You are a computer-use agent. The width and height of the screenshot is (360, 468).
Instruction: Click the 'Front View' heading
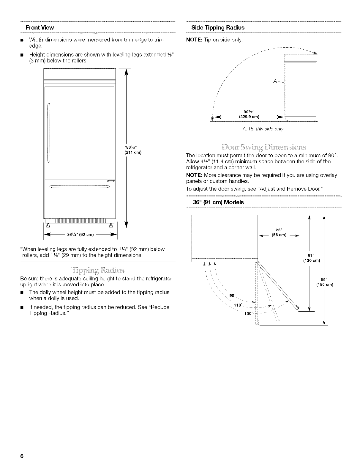pos(40,28)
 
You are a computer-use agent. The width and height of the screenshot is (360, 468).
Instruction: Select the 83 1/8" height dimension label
pos(133,150)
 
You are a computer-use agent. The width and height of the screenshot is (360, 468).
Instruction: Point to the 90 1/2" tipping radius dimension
pos(249,114)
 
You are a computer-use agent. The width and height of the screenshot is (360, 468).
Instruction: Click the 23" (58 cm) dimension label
pos(279,232)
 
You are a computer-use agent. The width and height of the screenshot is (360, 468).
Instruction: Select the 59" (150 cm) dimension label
pos(325,282)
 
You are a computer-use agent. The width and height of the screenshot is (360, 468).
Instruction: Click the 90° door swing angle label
pos(232,296)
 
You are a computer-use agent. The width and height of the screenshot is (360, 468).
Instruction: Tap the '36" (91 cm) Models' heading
pos(218,202)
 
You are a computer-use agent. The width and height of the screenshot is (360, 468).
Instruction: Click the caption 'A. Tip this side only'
pos(263,129)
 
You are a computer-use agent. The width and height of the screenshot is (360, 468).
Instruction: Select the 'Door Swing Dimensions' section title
pos(263,147)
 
